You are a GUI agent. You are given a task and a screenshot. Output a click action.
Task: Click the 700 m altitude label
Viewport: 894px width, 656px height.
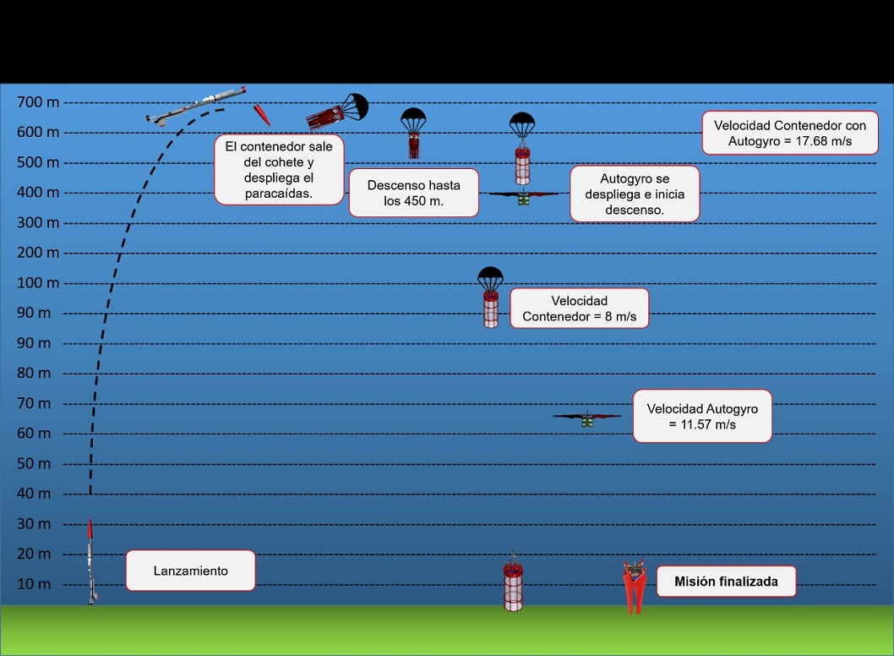(x=38, y=102)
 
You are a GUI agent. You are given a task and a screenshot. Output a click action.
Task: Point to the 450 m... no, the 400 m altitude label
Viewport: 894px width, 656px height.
(x=38, y=193)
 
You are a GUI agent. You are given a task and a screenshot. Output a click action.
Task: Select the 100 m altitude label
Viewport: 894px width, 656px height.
(x=38, y=283)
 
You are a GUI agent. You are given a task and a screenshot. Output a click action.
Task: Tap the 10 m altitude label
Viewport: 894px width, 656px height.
(x=34, y=584)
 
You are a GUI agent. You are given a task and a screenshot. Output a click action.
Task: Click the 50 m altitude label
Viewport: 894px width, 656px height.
(x=34, y=463)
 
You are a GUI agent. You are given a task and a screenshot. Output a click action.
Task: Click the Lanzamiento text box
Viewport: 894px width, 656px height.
(x=190, y=571)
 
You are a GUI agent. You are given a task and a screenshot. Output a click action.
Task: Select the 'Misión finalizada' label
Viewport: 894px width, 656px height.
(x=726, y=582)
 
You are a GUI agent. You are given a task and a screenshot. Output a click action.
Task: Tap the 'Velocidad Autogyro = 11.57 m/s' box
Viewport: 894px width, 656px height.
(x=702, y=416)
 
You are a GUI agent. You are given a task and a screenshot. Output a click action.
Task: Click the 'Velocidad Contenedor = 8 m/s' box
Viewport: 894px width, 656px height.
(x=579, y=309)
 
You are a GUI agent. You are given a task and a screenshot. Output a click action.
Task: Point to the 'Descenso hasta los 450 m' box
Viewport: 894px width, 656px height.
(x=413, y=193)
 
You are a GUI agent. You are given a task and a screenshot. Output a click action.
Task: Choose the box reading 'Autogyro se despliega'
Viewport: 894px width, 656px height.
(x=634, y=194)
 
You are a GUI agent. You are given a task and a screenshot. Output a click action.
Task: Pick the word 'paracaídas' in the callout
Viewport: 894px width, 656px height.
(x=278, y=194)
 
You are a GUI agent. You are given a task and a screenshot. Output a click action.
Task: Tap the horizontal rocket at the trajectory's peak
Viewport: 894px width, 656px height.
(x=196, y=106)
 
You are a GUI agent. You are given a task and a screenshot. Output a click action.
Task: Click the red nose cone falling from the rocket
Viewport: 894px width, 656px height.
(x=262, y=114)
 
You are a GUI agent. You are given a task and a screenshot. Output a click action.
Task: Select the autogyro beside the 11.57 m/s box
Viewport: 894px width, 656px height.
(x=586, y=418)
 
